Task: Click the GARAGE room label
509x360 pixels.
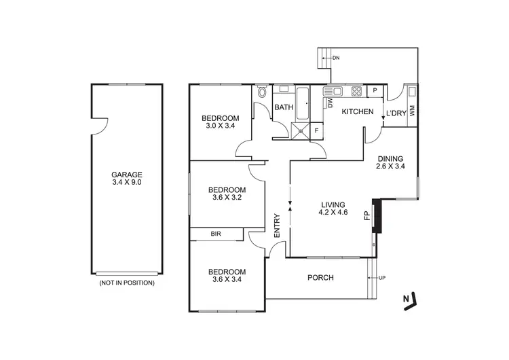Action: [x=126, y=173]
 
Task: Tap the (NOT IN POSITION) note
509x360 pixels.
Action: [x=126, y=282]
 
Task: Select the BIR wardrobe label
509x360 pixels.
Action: [x=216, y=234]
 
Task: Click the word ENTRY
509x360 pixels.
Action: [x=277, y=226]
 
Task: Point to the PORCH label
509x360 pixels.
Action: [x=320, y=277]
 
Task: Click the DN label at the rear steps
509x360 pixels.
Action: [x=336, y=58]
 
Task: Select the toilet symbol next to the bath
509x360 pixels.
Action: [x=263, y=93]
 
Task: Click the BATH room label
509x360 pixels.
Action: [x=283, y=107]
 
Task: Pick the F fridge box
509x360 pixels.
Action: [x=316, y=130]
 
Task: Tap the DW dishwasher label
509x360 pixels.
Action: [x=331, y=103]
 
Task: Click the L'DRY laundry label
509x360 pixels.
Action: [x=396, y=113]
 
